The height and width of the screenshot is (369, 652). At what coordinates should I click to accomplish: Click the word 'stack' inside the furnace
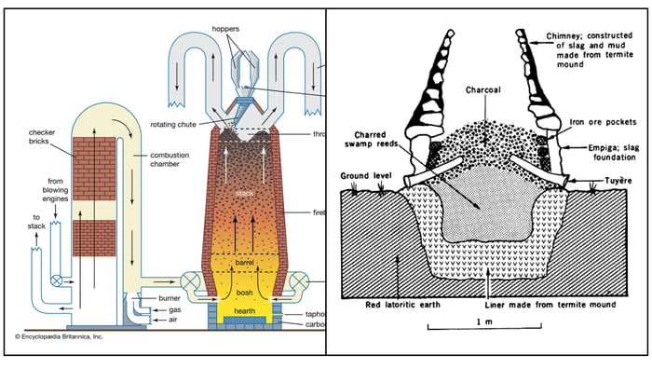tap(245, 194)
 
